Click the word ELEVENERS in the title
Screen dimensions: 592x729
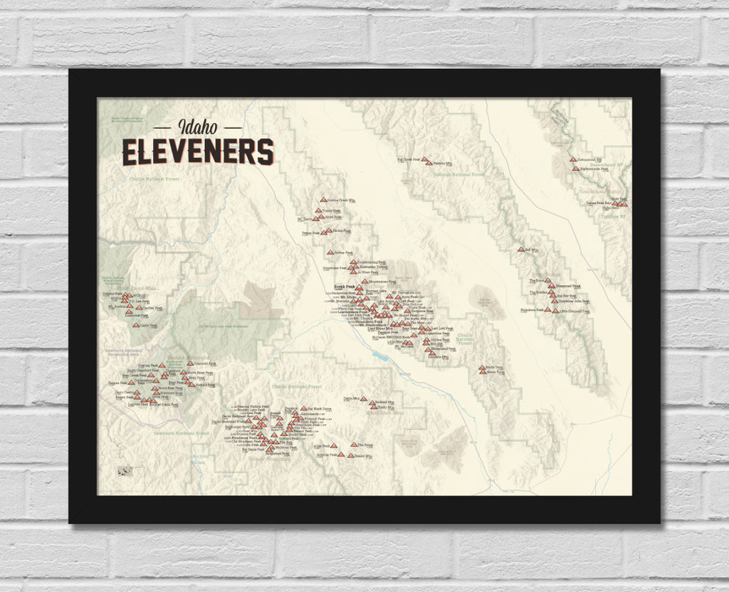pyautogui.click(x=197, y=151)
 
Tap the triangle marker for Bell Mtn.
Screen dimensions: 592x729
pyautogui.click(x=520, y=249)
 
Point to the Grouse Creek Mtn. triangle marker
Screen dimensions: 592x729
pyautogui.click(x=323, y=201)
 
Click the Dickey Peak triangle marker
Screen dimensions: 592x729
pyautogui.click(x=330, y=252)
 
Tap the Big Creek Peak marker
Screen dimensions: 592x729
pyautogui.click(x=424, y=159)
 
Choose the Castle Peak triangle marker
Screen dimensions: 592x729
pyautogui.click(x=137, y=324)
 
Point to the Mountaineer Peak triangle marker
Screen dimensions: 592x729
pyautogui.click(x=364, y=282)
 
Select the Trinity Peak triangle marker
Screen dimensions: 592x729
pyautogui.click(x=319, y=211)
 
